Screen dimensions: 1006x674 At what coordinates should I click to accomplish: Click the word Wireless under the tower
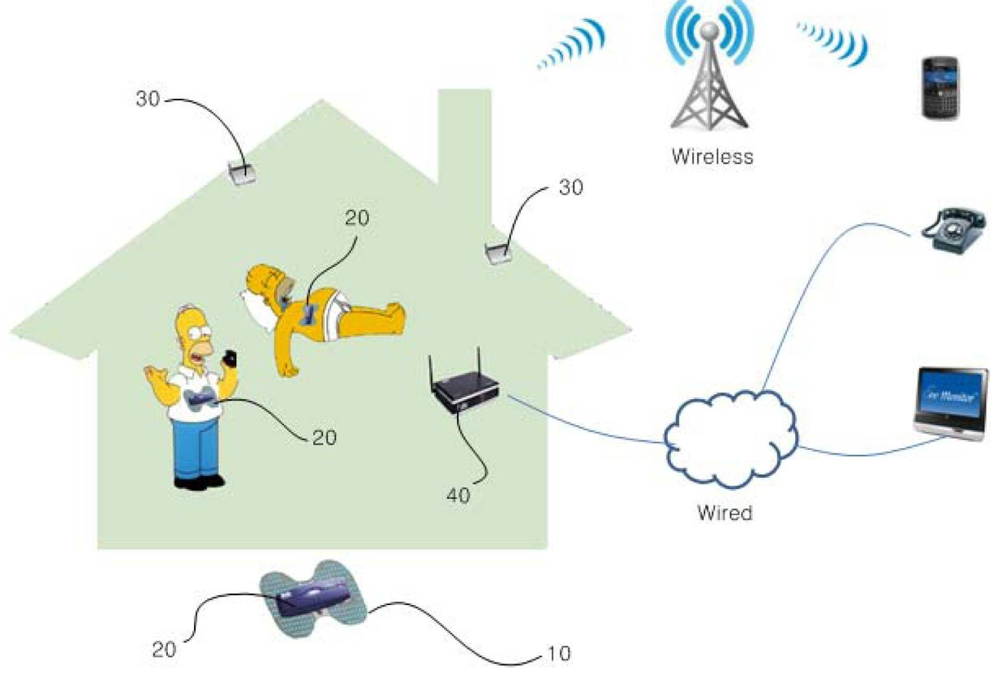point(712,157)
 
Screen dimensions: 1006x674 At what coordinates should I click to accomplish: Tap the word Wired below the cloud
point(724,513)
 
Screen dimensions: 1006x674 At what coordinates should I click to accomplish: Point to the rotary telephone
point(955,233)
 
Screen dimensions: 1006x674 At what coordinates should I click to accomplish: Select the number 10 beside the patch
point(558,653)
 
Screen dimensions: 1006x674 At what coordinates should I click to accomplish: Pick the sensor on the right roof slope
point(497,254)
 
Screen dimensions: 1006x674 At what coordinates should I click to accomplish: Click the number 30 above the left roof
point(148,99)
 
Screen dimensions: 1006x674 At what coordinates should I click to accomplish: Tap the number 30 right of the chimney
point(570,188)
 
